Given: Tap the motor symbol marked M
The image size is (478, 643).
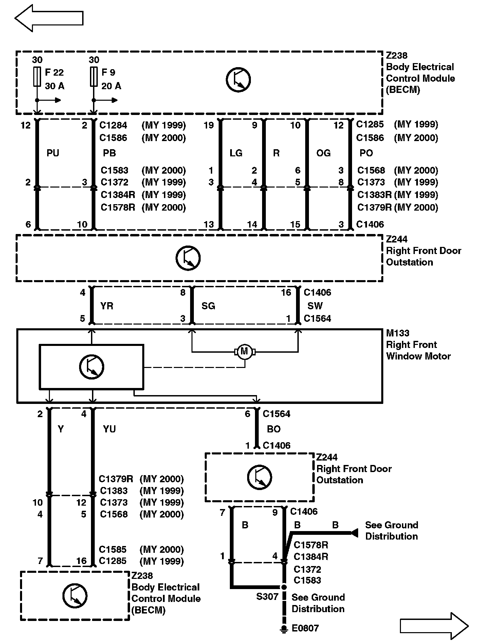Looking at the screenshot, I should click(244, 352).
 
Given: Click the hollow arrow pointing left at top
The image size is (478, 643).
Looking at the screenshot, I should click(49, 18).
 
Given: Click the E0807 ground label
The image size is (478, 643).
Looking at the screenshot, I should click(305, 628).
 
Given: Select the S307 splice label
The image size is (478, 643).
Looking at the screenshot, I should click(267, 597).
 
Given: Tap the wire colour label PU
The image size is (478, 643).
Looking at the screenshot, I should click(53, 153).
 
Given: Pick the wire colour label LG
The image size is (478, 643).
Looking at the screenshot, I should click(236, 153).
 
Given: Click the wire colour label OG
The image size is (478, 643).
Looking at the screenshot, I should click(323, 153).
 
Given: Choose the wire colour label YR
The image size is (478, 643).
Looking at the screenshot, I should click(107, 306).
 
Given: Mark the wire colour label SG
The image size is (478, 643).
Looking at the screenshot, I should click(208, 306).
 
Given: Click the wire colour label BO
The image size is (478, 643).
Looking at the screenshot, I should click(274, 429).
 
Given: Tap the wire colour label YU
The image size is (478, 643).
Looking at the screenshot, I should click(109, 429).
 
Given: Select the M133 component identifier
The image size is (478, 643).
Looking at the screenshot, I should click(398, 333).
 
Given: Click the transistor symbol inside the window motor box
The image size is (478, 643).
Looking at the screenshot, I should click(91, 367).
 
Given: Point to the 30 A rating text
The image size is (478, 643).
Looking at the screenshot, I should click(54, 86).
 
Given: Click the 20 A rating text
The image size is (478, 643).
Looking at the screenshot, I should click(111, 86).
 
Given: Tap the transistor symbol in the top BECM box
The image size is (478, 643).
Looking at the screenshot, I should click(238, 80).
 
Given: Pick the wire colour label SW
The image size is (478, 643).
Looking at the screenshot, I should click(315, 306).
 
